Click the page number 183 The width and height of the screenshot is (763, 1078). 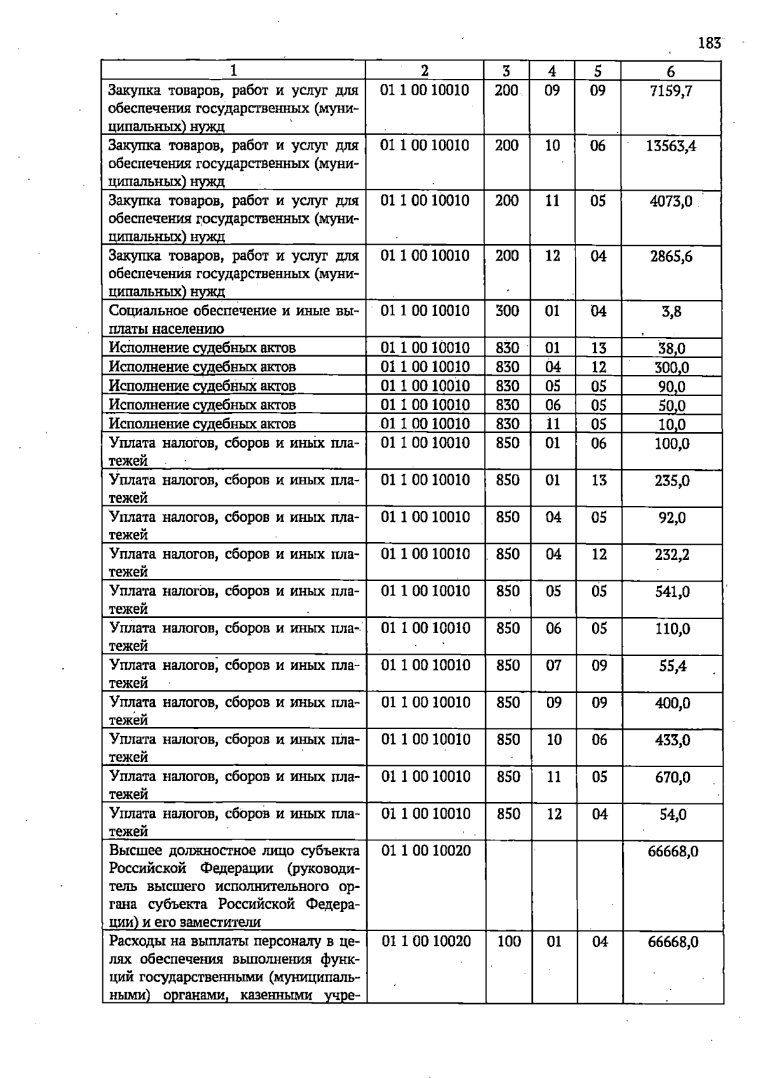tap(709, 43)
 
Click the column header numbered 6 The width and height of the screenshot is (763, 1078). tap(671, 72)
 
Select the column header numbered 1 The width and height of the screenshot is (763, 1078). tap(233, 71)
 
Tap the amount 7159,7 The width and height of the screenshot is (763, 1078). tap(671, 91)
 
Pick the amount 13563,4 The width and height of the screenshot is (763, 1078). tap(671, 146)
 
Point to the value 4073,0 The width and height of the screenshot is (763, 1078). tap(671, 201)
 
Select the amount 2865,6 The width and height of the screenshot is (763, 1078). tap(671, 257)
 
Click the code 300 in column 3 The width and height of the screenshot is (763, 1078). tap(507, 311)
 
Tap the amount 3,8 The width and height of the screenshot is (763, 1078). tap(671, 312)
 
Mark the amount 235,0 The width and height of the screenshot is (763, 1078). tap(672, 481)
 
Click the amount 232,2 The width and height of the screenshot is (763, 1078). tap(672, 555)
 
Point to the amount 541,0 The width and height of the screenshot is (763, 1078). tap(672, 592)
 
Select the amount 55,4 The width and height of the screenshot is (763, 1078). tap(672, 666)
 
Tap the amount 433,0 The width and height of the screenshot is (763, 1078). tap(672, 740)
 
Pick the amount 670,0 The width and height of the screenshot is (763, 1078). tap(672, 777)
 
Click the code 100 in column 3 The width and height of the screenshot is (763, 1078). tap(509, 941)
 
